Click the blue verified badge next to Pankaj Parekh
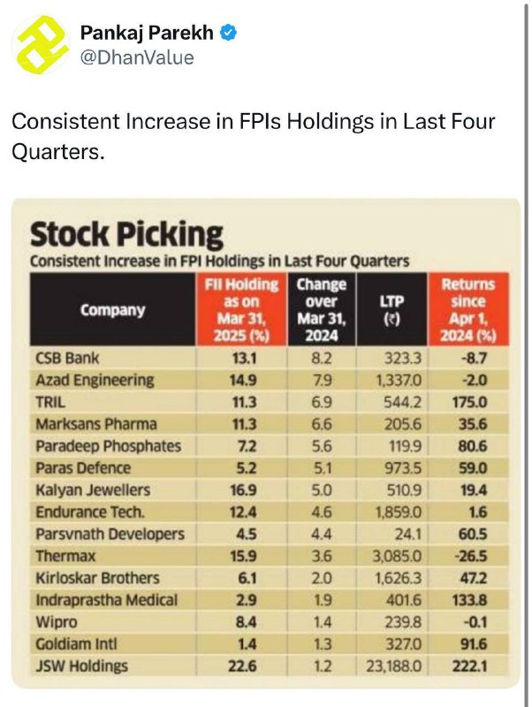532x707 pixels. coord(229,33)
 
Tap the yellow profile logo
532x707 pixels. coord(40,45)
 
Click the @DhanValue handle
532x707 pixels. coord(137,57)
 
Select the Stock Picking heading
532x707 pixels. coord(126,234)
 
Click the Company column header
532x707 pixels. coord(113,310)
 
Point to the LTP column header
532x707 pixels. coord(391,310)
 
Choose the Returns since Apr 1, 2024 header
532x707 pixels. coord(468,310)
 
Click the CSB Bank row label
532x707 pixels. coord(67,358)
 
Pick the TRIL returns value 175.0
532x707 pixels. coord(469,402)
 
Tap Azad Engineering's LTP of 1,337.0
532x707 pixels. coord(399,380)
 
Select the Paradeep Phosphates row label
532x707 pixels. coord(108,446)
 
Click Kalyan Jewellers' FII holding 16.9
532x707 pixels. coord(243,490)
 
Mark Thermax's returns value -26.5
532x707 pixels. coord(472,556)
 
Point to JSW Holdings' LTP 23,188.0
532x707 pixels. coord(394,666)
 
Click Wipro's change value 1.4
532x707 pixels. coord(322,622)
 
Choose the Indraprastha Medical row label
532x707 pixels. coord(106,600)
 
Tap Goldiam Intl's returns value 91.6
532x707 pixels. coord(474,644)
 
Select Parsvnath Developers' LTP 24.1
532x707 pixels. coord(407,535)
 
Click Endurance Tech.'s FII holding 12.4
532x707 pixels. coord(243,513)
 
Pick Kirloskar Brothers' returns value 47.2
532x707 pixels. coord(474,578)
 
